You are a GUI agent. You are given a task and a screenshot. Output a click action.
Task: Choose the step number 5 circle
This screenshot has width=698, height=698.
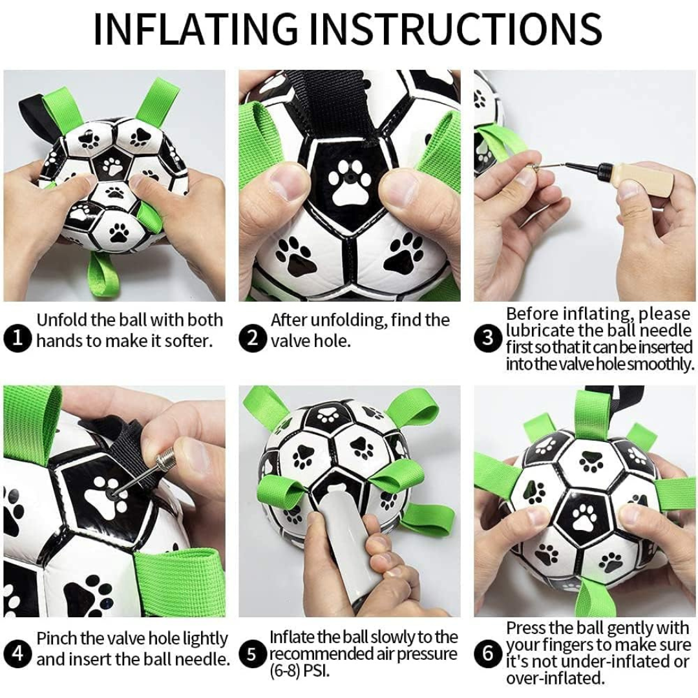click(x=252, y=655)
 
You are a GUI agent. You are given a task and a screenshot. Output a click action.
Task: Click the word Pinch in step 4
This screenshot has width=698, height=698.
click(x=56, y=639)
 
